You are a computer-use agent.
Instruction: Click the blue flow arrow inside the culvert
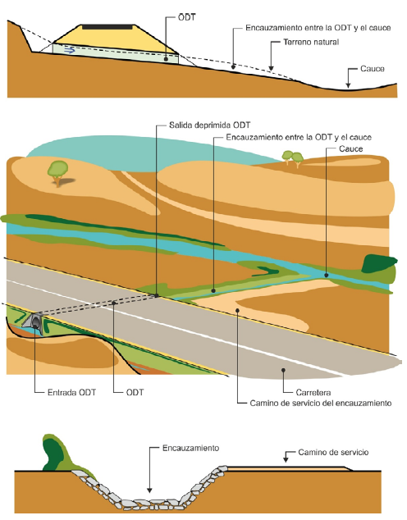point(70,50)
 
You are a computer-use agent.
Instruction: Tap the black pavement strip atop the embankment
point(108,27)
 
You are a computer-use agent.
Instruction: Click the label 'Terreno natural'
point(311,42)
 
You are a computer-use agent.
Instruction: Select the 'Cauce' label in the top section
point(373,69)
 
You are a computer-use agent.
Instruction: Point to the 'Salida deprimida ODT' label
point(209,125)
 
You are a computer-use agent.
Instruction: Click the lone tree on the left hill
point(58,173)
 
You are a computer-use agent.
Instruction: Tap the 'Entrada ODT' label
point(71,392)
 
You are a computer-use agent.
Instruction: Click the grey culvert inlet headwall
point(33,322)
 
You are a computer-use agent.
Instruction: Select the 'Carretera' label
point(313,393)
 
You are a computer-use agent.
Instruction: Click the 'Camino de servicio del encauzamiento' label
point(321,404)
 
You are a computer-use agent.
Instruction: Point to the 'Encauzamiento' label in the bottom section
point(190,448)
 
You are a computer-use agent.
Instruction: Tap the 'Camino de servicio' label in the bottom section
point(333,453)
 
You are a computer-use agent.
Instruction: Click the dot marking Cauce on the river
point(327,275)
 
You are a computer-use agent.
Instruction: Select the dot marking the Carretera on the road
point(283,370)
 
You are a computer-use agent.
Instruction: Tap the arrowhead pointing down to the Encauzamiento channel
point(149,490)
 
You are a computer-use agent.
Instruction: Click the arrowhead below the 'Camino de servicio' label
point(286,459)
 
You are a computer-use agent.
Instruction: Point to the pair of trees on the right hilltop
point(293,159)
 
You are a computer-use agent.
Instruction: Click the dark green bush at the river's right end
point(379,264)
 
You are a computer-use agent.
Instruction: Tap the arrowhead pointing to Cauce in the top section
point(348,85)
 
